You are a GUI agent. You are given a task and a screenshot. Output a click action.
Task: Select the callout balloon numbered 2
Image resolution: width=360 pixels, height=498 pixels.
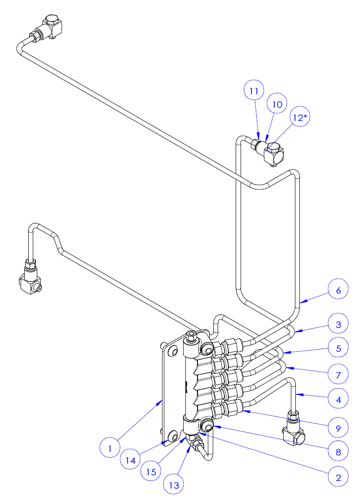[x=338, y=477]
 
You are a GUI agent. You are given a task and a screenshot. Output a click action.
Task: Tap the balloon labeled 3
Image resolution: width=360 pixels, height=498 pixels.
[x=338, y=324]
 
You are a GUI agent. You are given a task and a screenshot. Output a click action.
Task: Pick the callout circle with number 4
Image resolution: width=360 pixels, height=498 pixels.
[x=338, y=399]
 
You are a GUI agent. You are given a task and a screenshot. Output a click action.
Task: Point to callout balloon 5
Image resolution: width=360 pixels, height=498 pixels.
[x=338, y=348]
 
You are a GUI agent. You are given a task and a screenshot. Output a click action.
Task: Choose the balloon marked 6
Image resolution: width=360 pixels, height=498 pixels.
[x=338, y=290]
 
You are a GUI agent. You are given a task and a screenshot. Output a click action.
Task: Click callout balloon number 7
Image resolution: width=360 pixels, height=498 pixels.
[x=338, y=375]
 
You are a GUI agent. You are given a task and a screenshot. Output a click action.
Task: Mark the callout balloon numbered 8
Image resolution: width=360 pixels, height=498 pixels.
[x=338, y=452]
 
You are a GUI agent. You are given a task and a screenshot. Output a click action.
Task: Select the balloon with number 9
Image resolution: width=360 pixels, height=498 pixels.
[x=338, y=428]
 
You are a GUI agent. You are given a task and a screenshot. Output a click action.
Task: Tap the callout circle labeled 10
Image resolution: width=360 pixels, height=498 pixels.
[x=277, y=104]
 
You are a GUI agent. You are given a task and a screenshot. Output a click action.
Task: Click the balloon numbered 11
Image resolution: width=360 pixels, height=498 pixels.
[x=254, y=91]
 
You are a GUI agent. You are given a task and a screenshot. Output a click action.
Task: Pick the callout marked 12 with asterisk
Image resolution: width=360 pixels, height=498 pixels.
[x=300, y=118]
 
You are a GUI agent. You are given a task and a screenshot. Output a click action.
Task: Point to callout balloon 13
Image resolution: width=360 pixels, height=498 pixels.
[x=174, y=485]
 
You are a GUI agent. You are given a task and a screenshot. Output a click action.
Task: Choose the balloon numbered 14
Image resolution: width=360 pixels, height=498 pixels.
[x=131, y=460]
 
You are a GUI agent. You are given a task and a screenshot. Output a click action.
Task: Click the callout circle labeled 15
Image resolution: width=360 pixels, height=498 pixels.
[x=151, y=472]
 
